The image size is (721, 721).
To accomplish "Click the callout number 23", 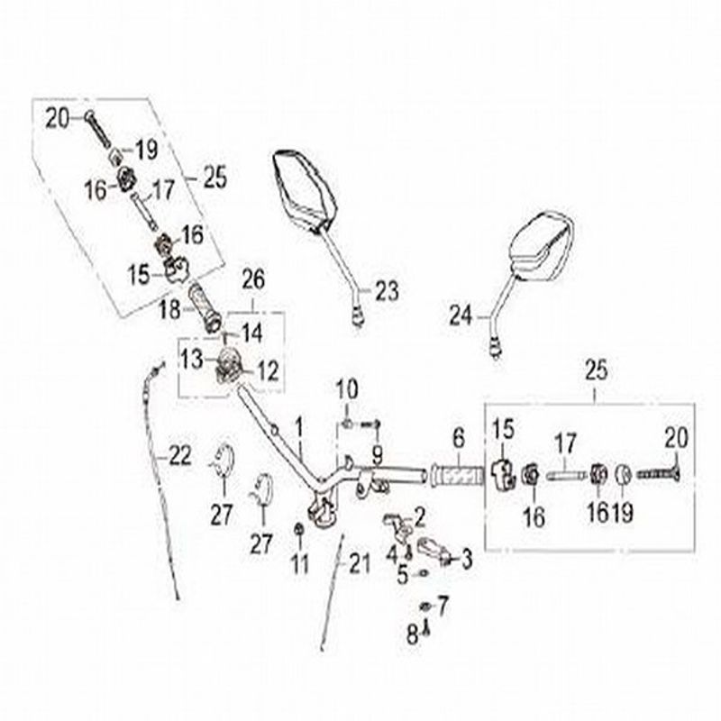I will pos(386,291).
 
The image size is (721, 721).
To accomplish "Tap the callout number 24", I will pos(461,315).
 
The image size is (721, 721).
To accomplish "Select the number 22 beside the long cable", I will pos(181,457).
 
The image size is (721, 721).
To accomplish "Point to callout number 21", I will pos(360,564).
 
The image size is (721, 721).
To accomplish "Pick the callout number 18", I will pos(169,310).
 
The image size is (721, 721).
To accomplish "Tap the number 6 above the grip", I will pos(458,439).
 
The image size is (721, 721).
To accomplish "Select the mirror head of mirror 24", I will pos(540,242).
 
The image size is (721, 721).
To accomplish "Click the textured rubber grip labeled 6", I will pos(460,473).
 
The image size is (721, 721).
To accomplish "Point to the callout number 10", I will pos(348,389).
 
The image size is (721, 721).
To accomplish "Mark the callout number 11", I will pos(300,565).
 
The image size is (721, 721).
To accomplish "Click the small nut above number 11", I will pos(299,528).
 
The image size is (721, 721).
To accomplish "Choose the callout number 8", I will pos(412,635).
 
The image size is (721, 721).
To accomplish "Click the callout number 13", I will pos(191,360).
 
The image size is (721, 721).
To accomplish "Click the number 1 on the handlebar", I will pos(299,423).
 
